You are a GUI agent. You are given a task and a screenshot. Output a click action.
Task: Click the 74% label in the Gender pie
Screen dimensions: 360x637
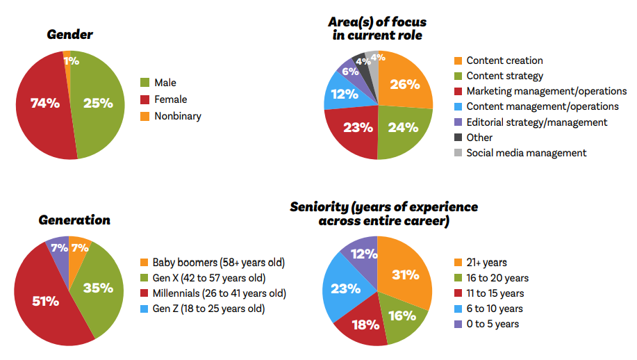[44, 103]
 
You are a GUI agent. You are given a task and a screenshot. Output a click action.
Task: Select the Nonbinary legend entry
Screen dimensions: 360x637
[177, 116]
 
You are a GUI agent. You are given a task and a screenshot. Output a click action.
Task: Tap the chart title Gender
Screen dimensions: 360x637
[69, 34]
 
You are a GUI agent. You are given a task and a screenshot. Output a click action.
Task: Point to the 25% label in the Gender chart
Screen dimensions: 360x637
[98, 103]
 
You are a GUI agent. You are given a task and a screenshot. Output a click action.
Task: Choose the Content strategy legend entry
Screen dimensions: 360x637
[504, 76]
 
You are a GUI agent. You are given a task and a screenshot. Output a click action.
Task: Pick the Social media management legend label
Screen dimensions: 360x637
[526, 152]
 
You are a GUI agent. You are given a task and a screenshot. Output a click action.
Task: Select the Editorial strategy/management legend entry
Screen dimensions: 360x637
[536, 122]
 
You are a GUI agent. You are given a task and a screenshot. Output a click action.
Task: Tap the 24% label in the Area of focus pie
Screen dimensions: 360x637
[403, 127]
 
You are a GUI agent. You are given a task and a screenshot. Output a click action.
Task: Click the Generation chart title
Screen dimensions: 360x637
[74, 220]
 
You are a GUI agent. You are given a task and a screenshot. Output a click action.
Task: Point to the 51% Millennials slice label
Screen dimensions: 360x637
[45, 301]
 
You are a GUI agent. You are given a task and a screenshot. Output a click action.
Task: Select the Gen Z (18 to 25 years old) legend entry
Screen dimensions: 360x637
[208, 309]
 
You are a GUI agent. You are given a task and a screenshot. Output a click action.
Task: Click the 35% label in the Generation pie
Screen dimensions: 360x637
[98, 287]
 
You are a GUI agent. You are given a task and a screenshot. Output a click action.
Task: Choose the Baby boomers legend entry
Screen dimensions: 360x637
[218, 263]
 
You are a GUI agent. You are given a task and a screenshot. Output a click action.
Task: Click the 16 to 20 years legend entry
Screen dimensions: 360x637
[497, 278]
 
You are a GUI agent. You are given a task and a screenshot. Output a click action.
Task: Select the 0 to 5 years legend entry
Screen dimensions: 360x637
[493, 324]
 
